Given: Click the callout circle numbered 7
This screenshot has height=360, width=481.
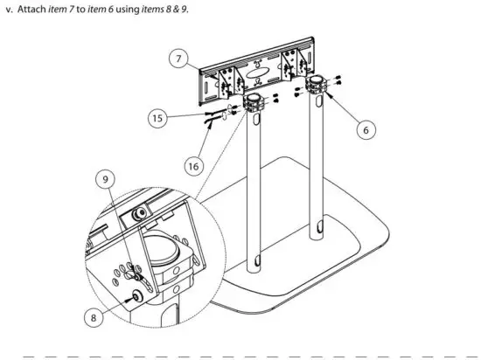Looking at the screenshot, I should click(178, 59).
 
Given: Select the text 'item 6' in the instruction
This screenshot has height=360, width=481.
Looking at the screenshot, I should click(117, 9).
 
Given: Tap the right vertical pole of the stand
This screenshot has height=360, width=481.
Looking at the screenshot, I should click(320, 175).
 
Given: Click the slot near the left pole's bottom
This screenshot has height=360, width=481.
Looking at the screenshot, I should click(258, 260).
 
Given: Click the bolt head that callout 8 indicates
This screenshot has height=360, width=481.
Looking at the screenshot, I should click(138, 296).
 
